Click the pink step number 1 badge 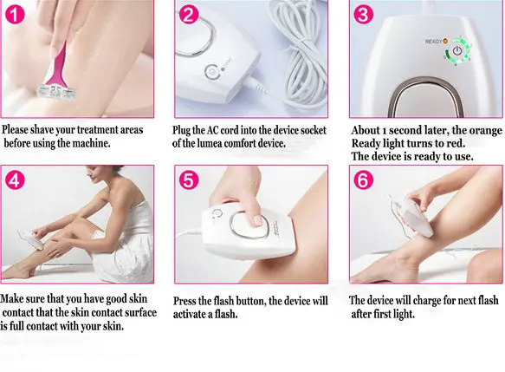coord(15,15)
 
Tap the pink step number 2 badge coord(189,15)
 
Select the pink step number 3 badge coord(364,15)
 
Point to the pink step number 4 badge coord(15,179)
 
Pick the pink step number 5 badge coord(189,179)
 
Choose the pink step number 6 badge coord(364,179)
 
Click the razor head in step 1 coord(56,91)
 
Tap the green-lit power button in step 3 coord(456,51)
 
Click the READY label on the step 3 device coord(433,42)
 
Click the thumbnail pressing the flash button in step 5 coord(258,220)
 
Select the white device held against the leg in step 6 coord(416,217)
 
